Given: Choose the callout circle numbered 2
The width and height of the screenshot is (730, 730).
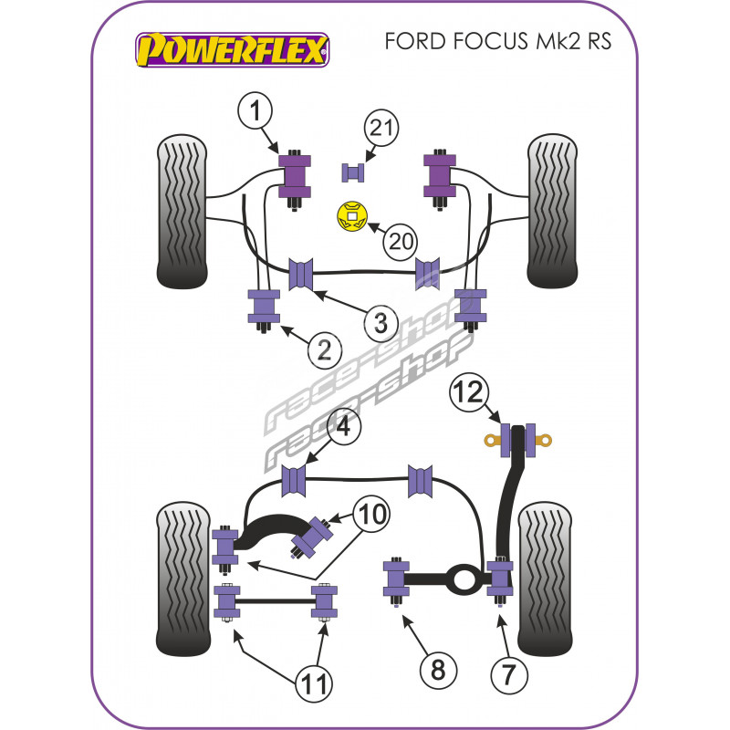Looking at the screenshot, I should pyautogui.click(x=324, y=348).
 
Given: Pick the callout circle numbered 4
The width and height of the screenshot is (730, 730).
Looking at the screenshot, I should pyautogui.click(x=342, y=426).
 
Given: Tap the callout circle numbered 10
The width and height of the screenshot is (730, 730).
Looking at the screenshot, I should pyautogui.click(x=372, y=514).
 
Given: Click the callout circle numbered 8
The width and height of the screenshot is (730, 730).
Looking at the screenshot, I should pyautogui.click(x=439, y=673).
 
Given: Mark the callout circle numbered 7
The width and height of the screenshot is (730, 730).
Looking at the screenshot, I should pyautogui.click(x=508, y=675).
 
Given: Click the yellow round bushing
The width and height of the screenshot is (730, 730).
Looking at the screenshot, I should pyautogui.click(x=351, y=216).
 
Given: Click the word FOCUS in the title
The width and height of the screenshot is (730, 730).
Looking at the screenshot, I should pyautogui.click(x=470, y=44).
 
